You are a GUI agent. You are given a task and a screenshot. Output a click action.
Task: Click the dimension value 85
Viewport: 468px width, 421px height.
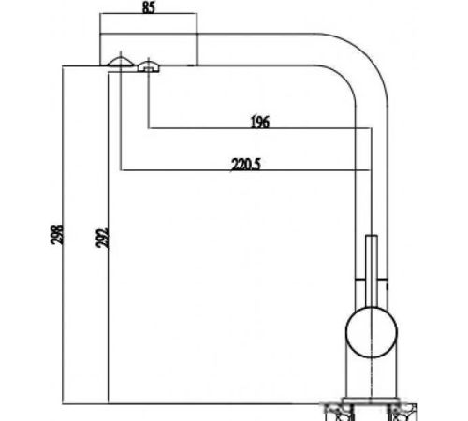[x=149, y=7]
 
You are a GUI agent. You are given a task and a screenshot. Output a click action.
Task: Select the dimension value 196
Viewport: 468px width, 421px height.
[x=260, y=122]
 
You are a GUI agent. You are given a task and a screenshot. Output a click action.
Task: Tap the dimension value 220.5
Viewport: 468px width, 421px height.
[x=245, y=165]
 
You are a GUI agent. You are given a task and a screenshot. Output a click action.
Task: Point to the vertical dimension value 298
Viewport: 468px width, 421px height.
[x=57, y=235]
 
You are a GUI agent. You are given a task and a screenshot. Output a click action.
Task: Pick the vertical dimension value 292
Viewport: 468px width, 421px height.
[x=102, y=239]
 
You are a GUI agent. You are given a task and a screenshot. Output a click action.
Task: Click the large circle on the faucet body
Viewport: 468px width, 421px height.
[x=372, y=332]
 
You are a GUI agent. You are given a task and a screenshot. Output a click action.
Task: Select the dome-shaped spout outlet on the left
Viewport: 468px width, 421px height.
[x=121, y=62]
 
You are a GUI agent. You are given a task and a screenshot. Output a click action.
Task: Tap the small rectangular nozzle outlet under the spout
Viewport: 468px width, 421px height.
[x=149, y=67]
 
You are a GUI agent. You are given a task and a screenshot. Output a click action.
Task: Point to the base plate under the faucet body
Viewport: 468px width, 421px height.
[x=371, y=400]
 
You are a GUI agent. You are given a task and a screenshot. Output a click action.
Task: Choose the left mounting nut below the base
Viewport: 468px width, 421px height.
[x=340, y=413]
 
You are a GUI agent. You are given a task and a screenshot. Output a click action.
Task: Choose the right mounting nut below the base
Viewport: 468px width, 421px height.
[x=402, y=413]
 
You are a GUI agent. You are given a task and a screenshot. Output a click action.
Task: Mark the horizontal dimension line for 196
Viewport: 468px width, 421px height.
[x=260, y=128]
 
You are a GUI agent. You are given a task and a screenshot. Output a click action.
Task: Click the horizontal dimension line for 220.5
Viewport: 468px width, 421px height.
[x=245, y=170]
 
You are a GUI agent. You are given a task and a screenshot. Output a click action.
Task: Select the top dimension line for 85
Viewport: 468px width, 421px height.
[x=149, y=13]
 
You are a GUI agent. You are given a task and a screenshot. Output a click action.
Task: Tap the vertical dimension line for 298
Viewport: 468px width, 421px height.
[x=63, y=235]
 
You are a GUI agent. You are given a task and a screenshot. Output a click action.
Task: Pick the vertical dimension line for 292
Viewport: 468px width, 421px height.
[x=108, y=238]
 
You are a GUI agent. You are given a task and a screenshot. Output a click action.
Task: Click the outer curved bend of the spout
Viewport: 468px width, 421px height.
[x=367, y=54]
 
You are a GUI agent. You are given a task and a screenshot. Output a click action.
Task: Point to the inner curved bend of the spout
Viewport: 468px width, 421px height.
[x=344, y=77]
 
